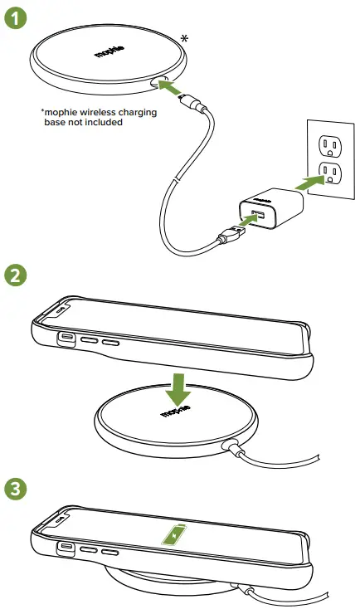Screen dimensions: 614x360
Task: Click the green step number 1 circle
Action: pyautogui.click(x=14, y=15)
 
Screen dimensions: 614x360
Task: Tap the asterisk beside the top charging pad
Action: pyautogui.click(x=184, y=38)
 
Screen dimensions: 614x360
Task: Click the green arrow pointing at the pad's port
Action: pyautogui.click(x=173, y=86)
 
